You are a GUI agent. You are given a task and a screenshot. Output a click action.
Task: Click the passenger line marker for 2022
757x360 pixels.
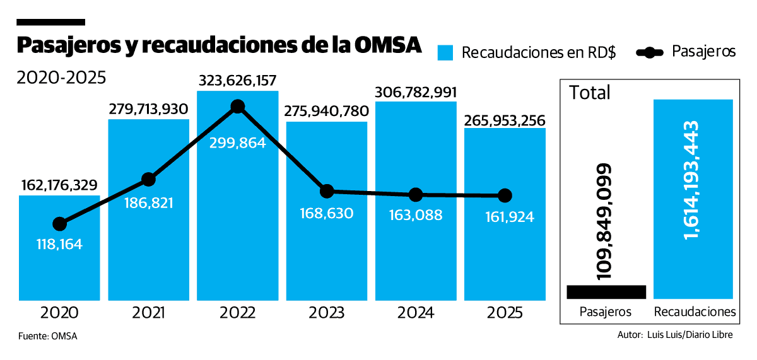point(237,107)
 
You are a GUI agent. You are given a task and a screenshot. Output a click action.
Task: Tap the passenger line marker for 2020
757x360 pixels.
point(59,224)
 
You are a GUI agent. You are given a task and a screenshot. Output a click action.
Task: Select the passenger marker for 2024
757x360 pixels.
point(415,194)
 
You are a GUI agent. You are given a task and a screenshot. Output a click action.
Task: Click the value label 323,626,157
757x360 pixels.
point(237,81)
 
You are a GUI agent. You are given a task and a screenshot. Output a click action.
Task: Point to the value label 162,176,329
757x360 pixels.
point(59,185)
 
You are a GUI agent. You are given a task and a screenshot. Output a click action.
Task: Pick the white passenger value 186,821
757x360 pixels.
point(148,203)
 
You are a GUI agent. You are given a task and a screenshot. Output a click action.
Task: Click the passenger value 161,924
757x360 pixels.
point(505,218)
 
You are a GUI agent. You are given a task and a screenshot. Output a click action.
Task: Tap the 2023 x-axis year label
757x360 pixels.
point(326,313)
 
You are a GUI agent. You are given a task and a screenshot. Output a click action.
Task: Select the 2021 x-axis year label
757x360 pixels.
point(148,313)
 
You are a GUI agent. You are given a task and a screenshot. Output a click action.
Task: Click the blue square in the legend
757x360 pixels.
point(446,52)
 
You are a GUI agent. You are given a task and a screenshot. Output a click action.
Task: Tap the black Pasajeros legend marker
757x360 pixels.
point(650,52)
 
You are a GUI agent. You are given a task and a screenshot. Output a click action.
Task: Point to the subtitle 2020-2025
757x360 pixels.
point(61,78)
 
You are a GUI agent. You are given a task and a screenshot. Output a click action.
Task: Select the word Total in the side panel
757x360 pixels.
point(590,93)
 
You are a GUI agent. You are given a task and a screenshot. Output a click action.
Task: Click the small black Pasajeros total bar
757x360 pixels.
point(606,292)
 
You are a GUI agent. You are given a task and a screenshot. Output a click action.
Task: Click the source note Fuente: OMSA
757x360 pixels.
point(48,336)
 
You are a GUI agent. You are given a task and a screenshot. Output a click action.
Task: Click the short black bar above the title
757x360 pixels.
point(50,22)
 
